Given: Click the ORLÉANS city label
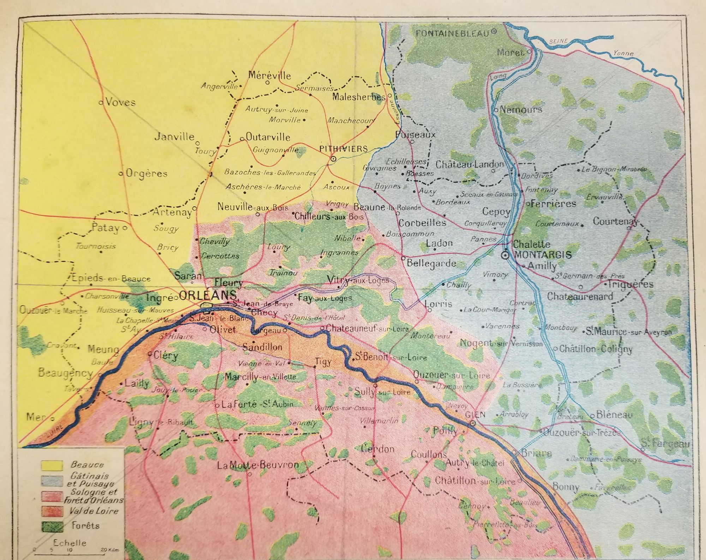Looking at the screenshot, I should pos(208,295).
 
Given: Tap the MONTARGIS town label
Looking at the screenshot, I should pos(543,255).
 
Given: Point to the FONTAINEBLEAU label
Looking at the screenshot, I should pos(453,34).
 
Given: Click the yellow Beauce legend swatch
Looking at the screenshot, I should pos(52,465).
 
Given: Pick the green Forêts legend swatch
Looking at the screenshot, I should pos(52,526).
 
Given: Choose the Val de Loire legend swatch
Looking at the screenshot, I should pos(52,511).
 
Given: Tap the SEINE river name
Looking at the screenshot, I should pos(558,42).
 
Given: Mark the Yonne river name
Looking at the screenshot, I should pos(623,54).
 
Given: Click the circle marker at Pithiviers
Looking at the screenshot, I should pos(333,159).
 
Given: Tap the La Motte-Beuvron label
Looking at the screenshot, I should pos(258,465).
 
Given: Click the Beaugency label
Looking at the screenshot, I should pos(65,373).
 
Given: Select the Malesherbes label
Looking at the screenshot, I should pos(359,97).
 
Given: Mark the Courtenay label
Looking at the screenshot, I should pos(615,222).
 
